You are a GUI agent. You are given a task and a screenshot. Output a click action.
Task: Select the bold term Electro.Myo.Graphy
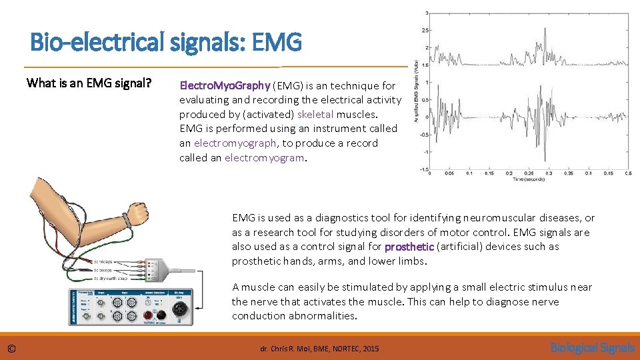[x=225, y=85]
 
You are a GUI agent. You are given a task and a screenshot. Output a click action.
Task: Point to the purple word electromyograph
[x=236, y=143]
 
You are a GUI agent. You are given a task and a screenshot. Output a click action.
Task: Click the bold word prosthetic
[x=409, y=247]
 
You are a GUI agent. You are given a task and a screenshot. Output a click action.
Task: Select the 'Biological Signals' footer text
[x=592, y=347]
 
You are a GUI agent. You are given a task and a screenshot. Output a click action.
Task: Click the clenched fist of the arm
[x=139, y=213]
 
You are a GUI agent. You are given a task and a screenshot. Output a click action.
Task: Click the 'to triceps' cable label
[x=107, y=262]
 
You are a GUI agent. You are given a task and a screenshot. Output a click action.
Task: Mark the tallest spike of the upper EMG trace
[x=545, y=30]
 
